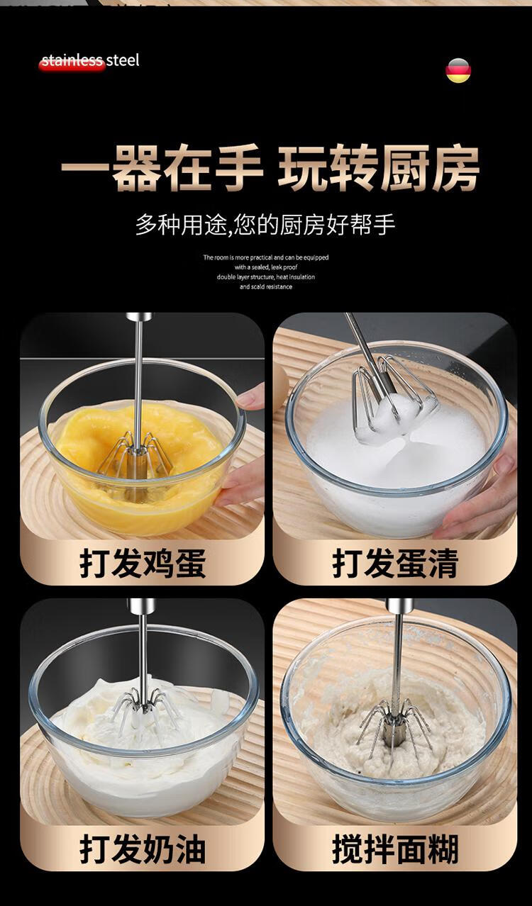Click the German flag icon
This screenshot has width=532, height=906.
click(x=458, y=70)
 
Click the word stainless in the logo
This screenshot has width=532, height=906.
click(x=72, y=61)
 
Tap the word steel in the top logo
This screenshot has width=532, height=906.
click(x=122, y=60)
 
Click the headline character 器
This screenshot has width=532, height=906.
click(x=136, y=167)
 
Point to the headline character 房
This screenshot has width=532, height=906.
click(x=455, y=167)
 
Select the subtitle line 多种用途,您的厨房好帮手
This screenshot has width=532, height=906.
click(x=265, y=225)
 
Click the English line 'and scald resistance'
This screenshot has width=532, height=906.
click(x=266, y=287)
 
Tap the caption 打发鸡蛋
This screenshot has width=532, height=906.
click(x=143, y=563)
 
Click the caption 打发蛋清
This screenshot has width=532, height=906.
click(x=395, y=563)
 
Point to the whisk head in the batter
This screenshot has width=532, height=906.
click(x=393, y=729)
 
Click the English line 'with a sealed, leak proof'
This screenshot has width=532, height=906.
click(x=266, y=267)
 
